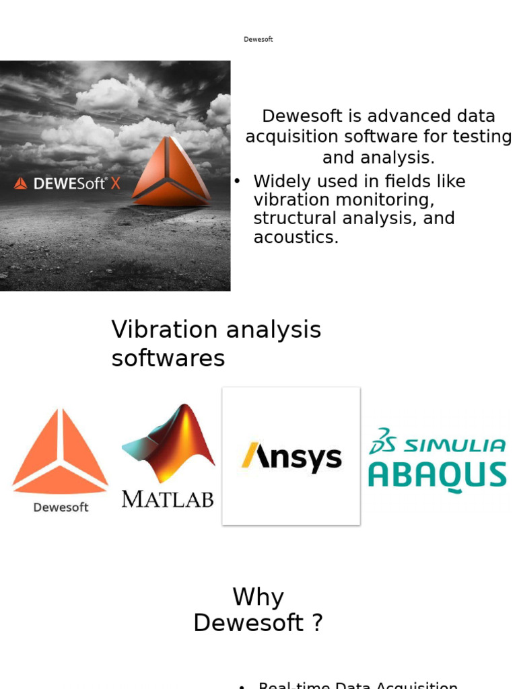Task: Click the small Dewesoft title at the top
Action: coord(258,40)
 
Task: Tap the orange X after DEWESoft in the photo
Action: coord(116,182)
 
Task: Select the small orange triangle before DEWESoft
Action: coord(21,183)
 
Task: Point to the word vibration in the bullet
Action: coord(285,200)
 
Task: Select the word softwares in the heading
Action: coord(168,359)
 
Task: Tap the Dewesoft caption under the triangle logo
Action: coord(61,507)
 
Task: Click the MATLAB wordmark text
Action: coord(168,499)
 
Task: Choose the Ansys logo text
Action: coord(291,457)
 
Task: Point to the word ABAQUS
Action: coord(438,475)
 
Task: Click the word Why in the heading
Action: coord(258,597)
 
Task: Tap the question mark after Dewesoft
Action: coord(317,623)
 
